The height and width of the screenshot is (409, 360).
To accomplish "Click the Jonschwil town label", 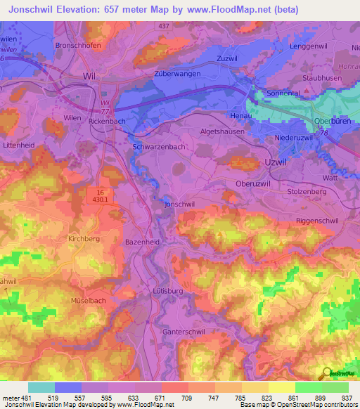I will pos(179,204).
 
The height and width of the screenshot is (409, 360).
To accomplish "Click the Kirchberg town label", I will pos(84,239).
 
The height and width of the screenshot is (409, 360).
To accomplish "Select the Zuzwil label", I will pos(229,58).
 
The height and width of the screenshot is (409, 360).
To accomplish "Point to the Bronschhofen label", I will pos(79,45).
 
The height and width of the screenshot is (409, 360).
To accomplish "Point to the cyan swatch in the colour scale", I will pos(41,387).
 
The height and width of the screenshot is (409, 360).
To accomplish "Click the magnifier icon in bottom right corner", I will pos(326,372).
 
